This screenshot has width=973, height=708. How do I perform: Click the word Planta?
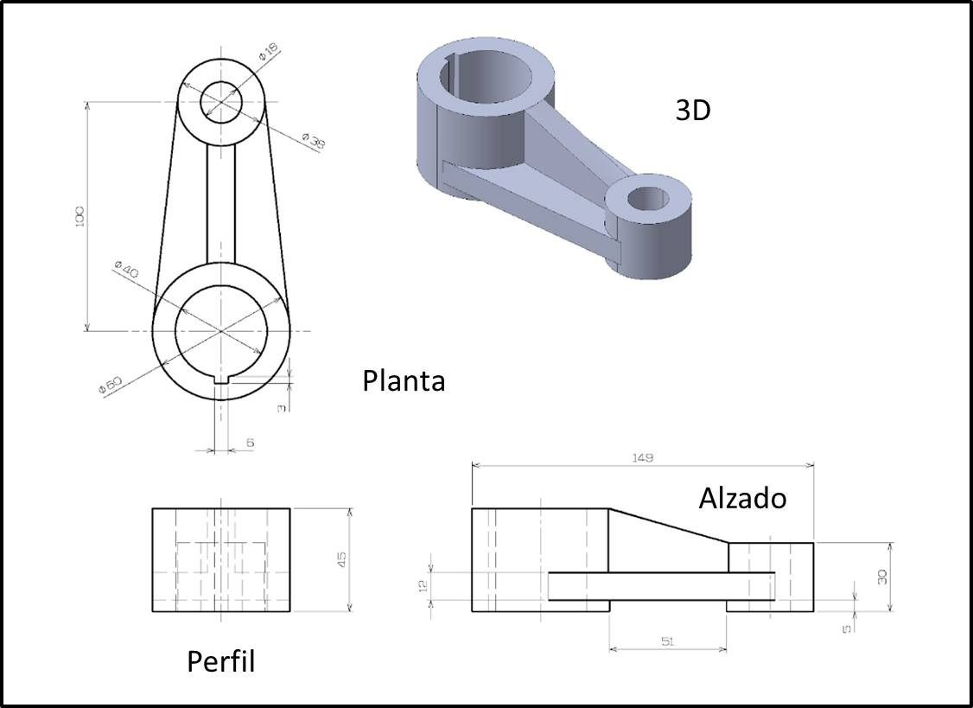[x=404, y=380]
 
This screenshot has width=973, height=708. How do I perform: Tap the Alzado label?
[x=742, y=498]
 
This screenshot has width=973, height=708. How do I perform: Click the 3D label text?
[x=692, y=111]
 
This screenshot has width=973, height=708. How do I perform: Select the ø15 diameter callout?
[x=267, y=54]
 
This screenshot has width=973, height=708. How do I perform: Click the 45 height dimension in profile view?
[x=342, y=560]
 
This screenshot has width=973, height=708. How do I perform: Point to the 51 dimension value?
[x=666, y=641]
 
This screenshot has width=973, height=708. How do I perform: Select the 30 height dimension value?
[x=882, y=577]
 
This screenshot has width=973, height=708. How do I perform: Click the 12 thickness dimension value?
[x=423, y=585]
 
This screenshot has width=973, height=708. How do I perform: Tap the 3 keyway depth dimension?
[x=282, y=407]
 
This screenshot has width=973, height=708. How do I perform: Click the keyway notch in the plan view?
[x=221, y=379]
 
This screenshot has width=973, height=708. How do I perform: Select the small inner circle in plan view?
[x=222, y=103]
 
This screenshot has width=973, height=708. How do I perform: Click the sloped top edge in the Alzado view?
[x=669, y=526]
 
